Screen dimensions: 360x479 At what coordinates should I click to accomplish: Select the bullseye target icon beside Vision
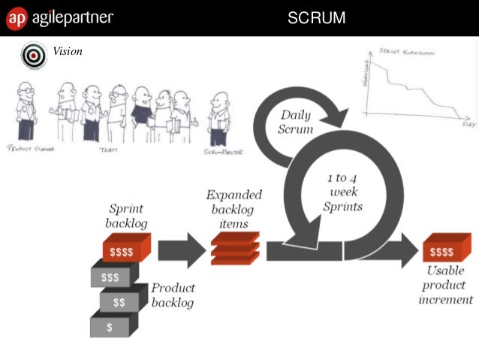34,55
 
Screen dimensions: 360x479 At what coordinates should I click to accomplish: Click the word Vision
68,51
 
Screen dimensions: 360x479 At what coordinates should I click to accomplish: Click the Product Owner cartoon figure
26,110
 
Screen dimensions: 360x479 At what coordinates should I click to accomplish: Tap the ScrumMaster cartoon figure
219,116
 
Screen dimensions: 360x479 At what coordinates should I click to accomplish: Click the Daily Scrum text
297,122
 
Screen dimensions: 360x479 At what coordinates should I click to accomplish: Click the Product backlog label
173,295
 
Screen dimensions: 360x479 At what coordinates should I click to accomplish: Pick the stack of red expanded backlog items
235,247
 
